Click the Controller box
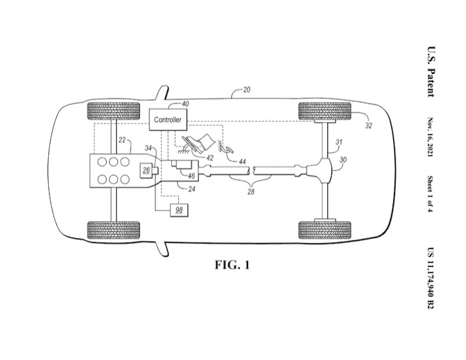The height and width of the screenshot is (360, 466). pyautogui.click(x=168, y=119)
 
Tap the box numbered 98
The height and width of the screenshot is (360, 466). pyautogui.click(x=179, y=210)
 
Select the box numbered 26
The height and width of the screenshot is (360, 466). pyautogui.click(x=146, y=170)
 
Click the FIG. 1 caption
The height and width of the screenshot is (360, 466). pyautogui.click(x=232, y=264)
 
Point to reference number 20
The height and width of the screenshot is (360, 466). pyautogui.click(x=246, y=90)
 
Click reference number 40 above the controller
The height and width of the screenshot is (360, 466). pyautogui.click(x=185, y=104)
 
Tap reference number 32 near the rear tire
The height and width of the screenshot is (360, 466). pyautogui.click(x=369, y=125)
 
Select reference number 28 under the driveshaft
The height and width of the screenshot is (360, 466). pyautogui.click(x=251, y=192)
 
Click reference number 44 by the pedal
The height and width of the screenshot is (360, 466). pyautogui.click(x=242, y=161)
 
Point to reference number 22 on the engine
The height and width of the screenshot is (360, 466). pyautogui.click(x=122, y=140)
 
